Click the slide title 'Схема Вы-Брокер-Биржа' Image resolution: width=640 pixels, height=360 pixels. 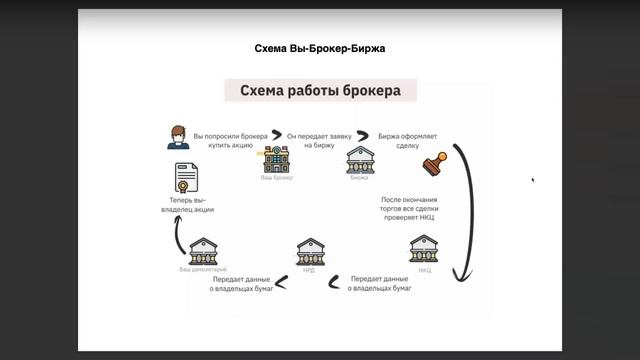[320, 48]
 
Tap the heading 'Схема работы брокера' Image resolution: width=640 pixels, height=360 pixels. [320, 91]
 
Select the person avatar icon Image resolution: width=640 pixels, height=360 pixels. [178, 137]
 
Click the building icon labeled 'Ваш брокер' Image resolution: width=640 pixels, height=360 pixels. [276, 158]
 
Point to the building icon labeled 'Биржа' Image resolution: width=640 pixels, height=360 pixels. [360, 158]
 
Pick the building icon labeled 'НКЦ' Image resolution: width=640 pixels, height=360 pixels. [424, 249]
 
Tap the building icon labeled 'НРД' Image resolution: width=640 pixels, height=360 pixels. [310, 251]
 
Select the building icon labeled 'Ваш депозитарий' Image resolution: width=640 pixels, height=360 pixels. [204, 250]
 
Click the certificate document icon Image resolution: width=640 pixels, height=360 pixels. [185, 178]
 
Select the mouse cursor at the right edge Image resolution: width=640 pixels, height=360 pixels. [532, 180]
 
